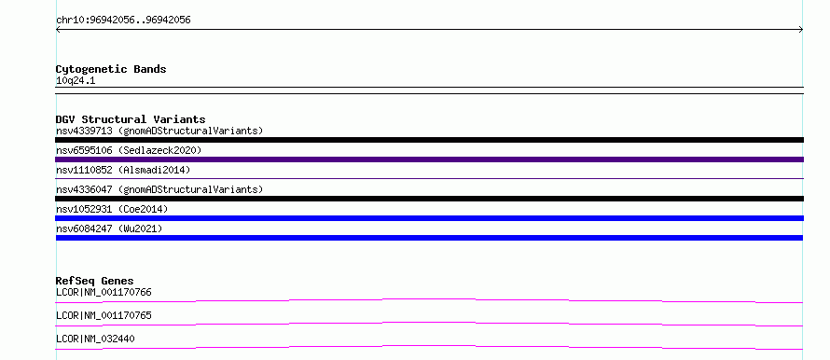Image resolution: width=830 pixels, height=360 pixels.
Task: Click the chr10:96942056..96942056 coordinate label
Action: pos(123,21)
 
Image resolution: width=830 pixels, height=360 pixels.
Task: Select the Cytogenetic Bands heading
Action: pos(111,69)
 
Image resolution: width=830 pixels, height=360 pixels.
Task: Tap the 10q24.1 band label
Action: pos(76,81)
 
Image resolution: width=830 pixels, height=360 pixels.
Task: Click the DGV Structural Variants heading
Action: pos(131,119)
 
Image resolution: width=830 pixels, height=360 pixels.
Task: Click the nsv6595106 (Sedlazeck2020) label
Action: pos(129,150)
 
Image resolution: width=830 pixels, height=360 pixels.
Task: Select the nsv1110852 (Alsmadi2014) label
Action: pos(123,170)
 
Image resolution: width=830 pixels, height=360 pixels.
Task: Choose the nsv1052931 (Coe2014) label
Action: pos(112,209)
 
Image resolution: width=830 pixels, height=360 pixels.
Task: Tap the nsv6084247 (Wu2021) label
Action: pos(109,228)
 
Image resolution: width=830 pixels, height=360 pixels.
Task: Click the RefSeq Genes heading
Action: pos(95,281)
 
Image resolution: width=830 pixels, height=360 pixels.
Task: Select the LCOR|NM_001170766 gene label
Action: pos(104,292)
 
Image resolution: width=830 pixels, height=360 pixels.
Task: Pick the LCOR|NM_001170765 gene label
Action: pos(104,315)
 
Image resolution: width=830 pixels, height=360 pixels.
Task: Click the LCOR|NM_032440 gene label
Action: pos(95,339)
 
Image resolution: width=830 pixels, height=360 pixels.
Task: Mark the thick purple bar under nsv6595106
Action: pos(429,159)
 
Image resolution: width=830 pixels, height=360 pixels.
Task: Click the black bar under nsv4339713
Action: pos(429,140)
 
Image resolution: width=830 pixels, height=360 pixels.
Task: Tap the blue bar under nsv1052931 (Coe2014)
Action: pos(429,218)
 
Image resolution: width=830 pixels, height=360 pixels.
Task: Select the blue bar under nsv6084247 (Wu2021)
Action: pos(429,238)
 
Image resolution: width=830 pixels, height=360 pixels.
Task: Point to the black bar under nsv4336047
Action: pos(429,199)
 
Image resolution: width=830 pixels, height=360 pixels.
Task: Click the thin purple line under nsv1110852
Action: pos(429,178)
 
